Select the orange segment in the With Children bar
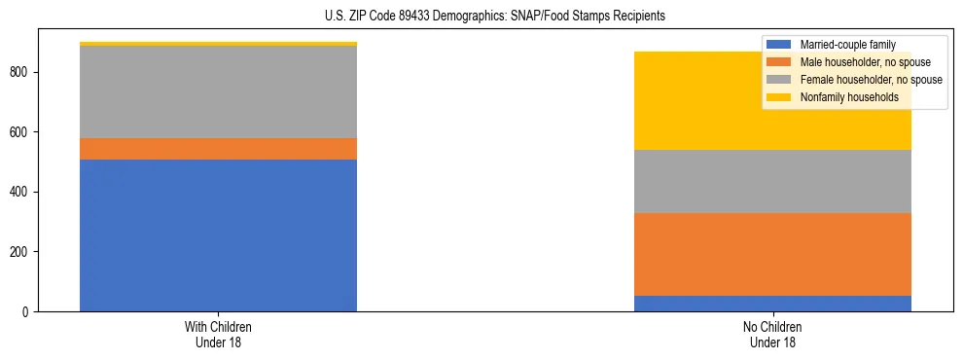click(x=218, y=149)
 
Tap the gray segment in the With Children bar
click(x=218, y=92)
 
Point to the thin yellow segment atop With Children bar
click(x=218, y=44)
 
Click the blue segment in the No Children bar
click(x=772, y=304)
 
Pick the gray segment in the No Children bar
click(x=772, y=181)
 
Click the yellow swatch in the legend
click(x=779, y=97)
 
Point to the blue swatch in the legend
click(x=779, y=45)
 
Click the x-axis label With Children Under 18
click(x=218, y=334)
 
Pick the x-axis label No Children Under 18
click(x=772, y=334)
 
